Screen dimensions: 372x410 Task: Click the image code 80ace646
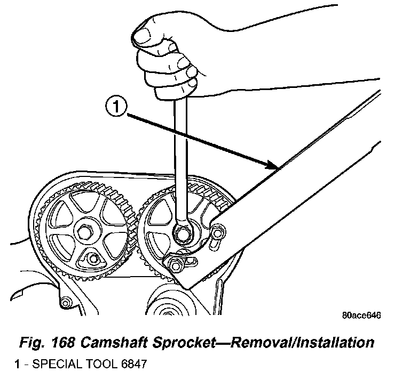(360, 315)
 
